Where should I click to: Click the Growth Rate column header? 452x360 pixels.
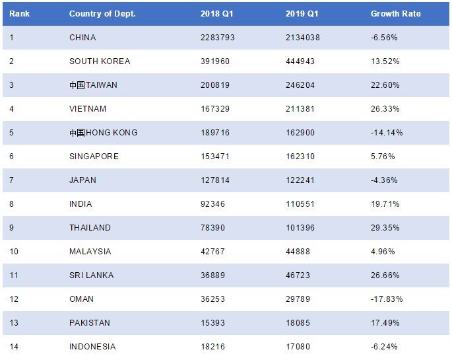[x=395, y=14]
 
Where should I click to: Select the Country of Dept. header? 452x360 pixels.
[x=102, y=14]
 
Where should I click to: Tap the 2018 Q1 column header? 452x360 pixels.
[x=214, y=14]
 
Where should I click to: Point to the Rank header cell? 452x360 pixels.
[x=19, y=14]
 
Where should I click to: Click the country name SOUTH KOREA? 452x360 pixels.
[x=100, y=61]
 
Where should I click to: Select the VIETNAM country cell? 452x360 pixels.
[x=88, y=109]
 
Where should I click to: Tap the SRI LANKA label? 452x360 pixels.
[x=91, y=275]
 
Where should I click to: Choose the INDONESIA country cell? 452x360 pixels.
[x=92, y=347]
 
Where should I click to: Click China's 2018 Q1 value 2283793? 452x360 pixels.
[x=218, y=38]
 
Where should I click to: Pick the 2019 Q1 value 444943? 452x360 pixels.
[x=301, y=61]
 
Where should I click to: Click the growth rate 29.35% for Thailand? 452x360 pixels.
[x=385, y=228]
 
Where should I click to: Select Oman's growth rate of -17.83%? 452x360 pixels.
[x=386, y=299]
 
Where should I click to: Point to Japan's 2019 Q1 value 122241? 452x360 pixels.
[x=301, y=180]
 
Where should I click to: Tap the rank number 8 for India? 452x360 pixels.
[x=12, y=204]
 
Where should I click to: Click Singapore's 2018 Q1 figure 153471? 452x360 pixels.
[x=215, y=157]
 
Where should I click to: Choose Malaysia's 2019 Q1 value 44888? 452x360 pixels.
[x=299, y=252]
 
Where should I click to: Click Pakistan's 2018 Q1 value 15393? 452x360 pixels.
[x=213, y=323]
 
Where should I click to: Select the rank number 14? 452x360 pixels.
[x=14, y=347]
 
